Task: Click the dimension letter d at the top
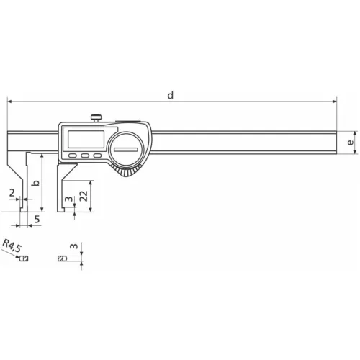pyautogui.click(x=170, y=95)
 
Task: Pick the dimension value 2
pyautogui.click(x=12, y=193)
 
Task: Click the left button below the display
pyautogui.click(x=73, y=155)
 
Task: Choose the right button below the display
pyautogui.click(x=96, y=155)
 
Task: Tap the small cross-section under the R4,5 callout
pyautogui.click(x=24, y=257)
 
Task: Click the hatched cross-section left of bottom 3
pyautogui.click(x=62, y=257)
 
